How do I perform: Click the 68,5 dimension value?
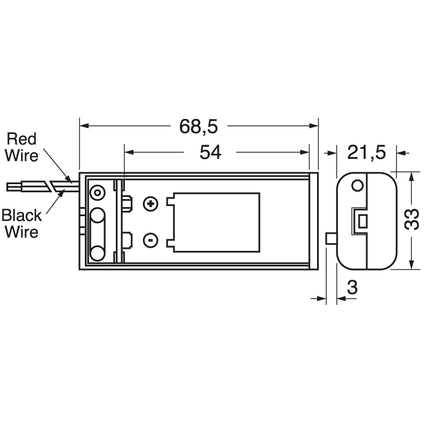198,126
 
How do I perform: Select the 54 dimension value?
210,153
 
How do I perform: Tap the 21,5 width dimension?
366,153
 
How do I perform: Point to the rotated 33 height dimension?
412,219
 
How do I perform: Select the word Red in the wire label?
21,139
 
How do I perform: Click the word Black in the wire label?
21,216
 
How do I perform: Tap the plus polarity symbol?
151,203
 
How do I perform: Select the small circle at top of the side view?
358,186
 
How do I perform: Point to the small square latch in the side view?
362,220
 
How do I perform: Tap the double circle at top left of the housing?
97,192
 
